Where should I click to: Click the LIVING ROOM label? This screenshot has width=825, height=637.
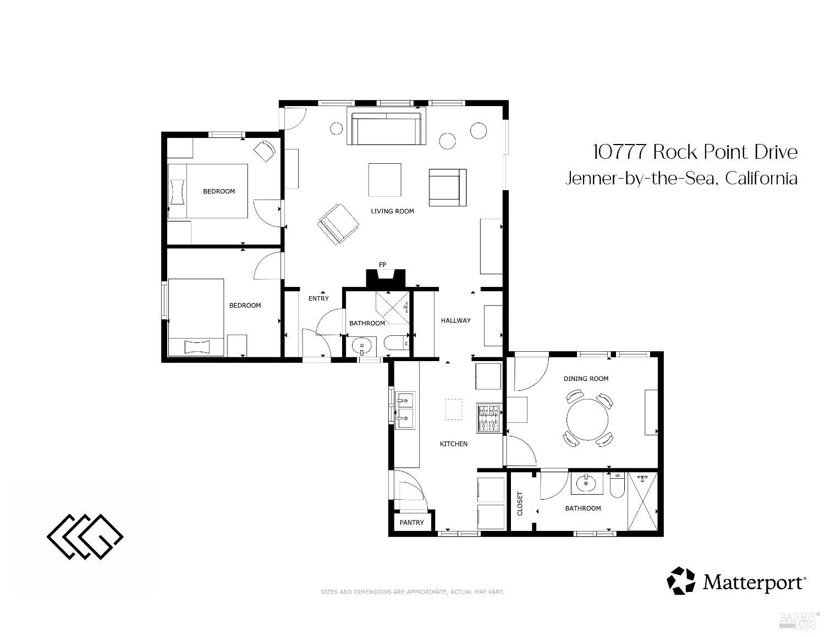coord(392,211)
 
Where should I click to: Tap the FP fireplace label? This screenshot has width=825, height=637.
coord(382,265)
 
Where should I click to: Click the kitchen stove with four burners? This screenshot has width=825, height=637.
coord(488,418)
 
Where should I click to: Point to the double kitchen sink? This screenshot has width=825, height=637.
coord(405,410)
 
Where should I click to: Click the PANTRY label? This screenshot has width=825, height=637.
coord(411,523)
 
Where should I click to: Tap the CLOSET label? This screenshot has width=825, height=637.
coord(520,503)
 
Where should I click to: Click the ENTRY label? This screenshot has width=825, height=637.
coord(318,298)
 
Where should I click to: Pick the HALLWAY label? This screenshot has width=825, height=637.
coord(455,320)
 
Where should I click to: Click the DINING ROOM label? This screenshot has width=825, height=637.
coord(586,379)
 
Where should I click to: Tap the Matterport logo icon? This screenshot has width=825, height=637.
coord(681,581)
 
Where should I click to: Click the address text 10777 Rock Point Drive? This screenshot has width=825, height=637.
coord(695,152)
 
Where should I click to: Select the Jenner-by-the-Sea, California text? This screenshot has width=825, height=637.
coord(681,179)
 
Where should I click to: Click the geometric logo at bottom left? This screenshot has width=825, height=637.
coord(85,536)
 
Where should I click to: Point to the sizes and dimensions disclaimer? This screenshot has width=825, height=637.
coord(412,592)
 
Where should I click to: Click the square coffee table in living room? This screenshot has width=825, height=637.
coord(385,180)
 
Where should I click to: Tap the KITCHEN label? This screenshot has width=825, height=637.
coord(454,444)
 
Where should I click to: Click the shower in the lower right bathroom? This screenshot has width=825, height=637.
coord(642,502)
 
